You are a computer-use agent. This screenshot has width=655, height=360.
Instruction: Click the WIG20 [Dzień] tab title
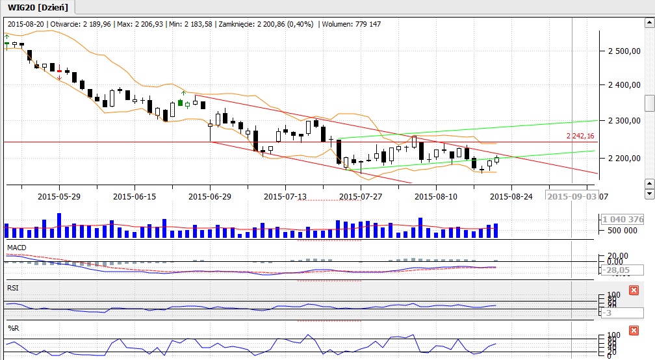(x=38, y=6)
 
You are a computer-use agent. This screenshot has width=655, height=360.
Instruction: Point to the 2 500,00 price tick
(x=623, y=51)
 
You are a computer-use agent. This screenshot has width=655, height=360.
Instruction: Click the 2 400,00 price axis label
(x=623, y=85)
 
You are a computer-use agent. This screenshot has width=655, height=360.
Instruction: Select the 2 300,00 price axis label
(x=623, y=121)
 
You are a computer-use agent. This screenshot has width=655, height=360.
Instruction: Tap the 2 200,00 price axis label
(x=623, y=158)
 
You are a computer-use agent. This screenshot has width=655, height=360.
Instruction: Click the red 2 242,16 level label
(x=580, y=136)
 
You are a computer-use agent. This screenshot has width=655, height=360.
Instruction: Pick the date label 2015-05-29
(x=58, y=196)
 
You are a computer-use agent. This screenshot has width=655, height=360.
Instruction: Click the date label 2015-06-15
(x=134, y=196)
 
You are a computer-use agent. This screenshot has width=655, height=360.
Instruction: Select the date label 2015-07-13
(x=285, y=196)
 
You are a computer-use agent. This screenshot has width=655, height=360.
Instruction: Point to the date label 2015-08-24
(x=511, y=196)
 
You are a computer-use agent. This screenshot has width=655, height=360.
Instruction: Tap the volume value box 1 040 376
(x=623, y=220)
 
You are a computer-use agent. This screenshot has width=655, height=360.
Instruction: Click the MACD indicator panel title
(x=16, y=248)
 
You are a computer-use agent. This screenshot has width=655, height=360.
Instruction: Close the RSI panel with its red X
(x=634, y=290)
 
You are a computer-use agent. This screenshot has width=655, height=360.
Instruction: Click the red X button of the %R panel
(x=634, y=331)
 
